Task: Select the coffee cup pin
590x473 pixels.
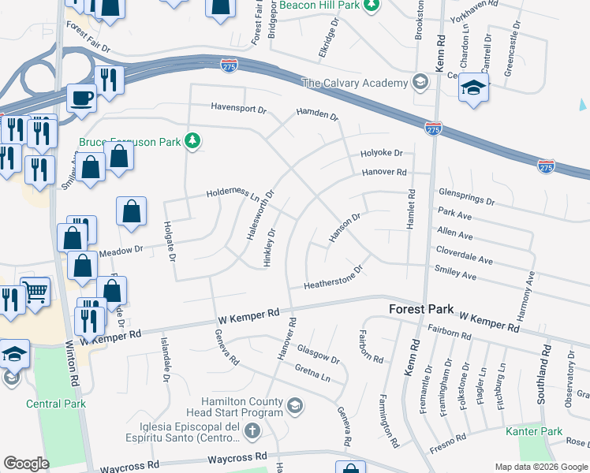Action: click(x=81, y=99)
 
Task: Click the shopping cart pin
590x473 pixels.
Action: click(x=35, y=293)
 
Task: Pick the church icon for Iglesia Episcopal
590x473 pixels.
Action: click(x=252, y=431)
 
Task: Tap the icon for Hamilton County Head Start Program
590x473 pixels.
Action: click(x=294, y=406)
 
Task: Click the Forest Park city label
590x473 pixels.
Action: click(x=420, y=310)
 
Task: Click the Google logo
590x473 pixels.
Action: click(x=27, y=463)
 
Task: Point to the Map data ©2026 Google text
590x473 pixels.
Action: click(x=540, y=467)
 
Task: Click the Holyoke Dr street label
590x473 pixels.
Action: click(x=382, y=153)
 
